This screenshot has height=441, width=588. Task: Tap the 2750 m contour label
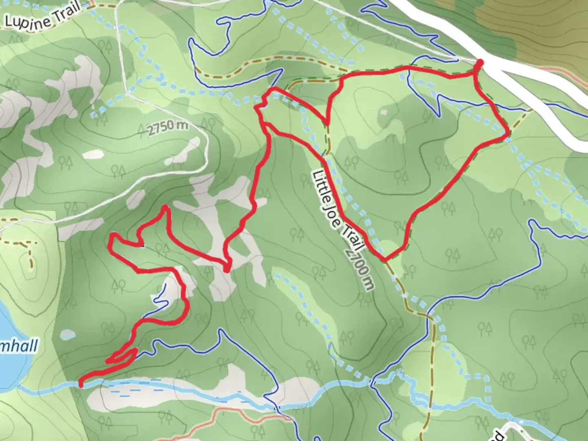(167, 127)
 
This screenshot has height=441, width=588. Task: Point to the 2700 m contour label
(359, 269)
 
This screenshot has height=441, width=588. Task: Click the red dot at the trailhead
(480, 62)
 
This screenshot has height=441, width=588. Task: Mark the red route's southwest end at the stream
(81, 385)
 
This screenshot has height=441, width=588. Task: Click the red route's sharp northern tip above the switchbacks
(165, 207)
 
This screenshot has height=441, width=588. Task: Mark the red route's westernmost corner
(111, 241)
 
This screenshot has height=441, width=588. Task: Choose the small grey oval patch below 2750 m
(93, 154)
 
